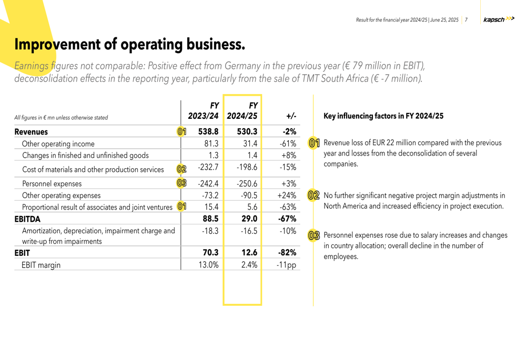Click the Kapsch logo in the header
[x=498, y=19]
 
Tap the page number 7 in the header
[x=466, y=20]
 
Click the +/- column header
[x=291, y=116]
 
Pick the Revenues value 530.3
[x=247, y=132]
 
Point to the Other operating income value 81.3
[x=211, y=143]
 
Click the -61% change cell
[x=288, y=143]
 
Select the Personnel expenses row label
[x=52, y=184]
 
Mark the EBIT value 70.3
[x=210, y=253]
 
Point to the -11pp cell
[x=286, y=265]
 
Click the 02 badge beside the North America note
[x=314, y=196]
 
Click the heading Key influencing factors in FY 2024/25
[x=383, y=116]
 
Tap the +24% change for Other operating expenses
[x=287, y=196]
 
